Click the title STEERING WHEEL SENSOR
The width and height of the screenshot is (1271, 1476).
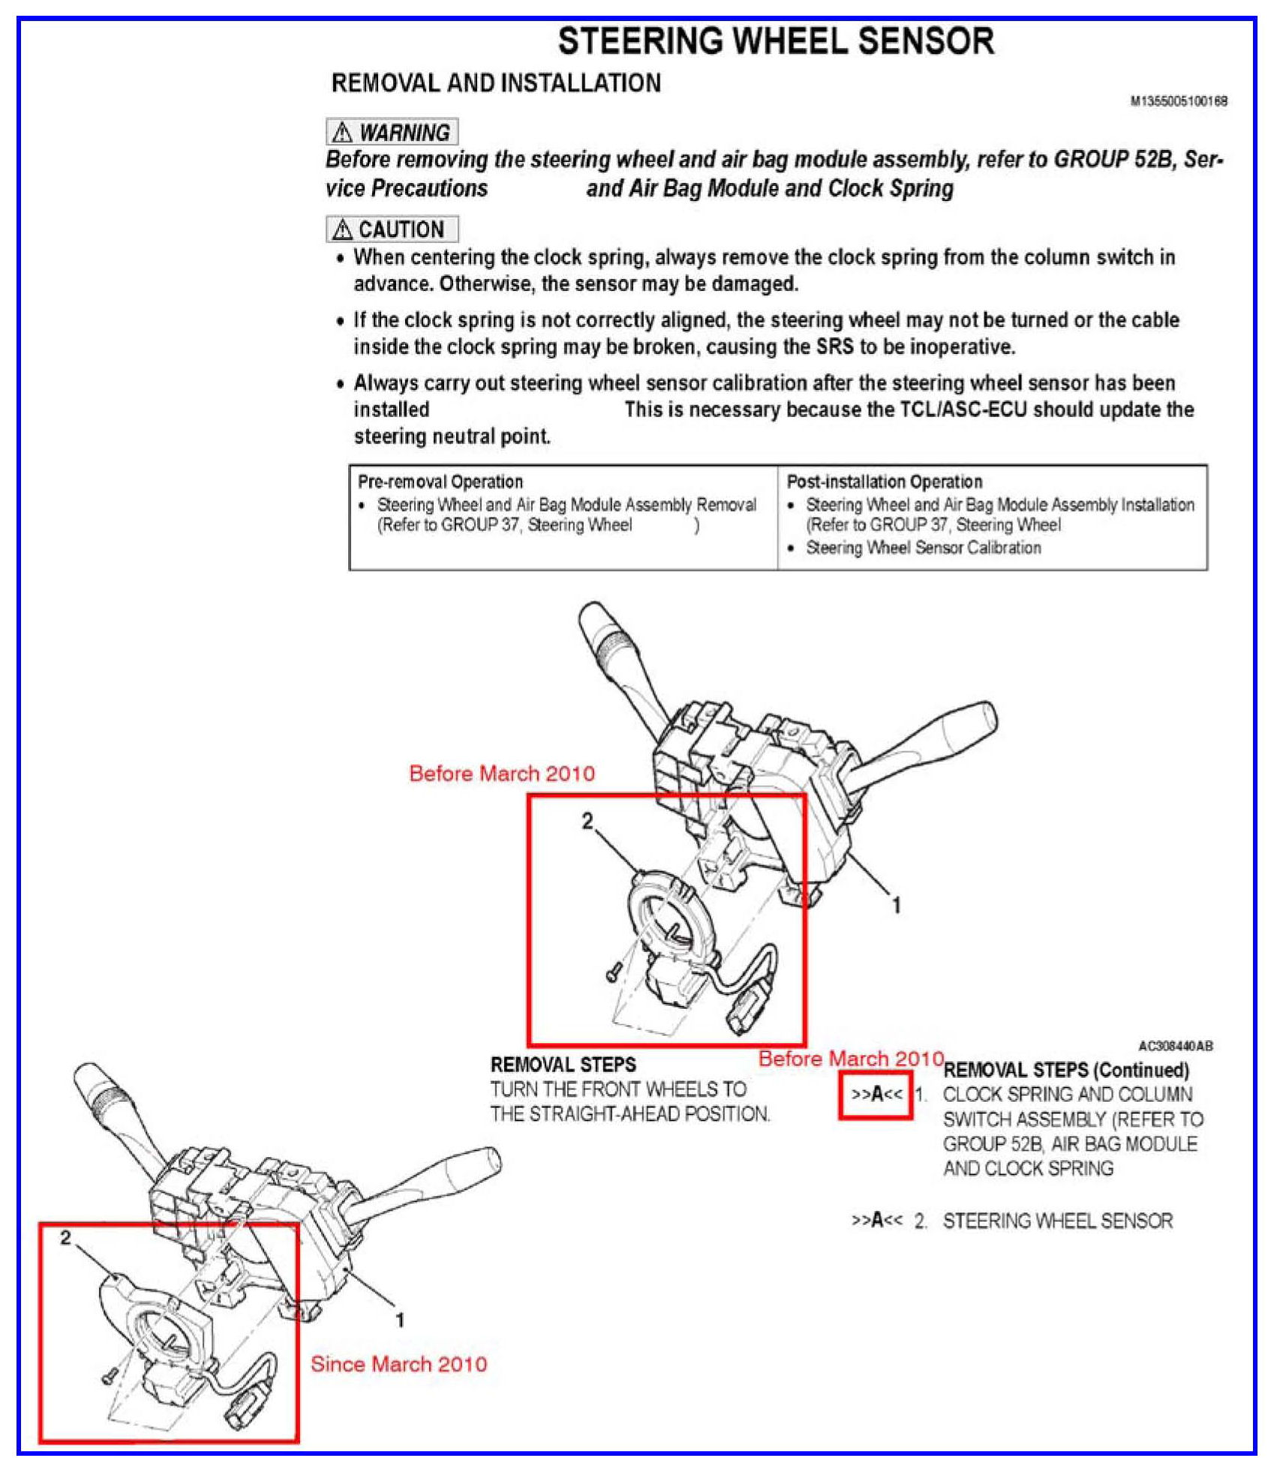coord(776,41)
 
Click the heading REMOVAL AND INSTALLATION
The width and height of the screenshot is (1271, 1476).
coord(496,82)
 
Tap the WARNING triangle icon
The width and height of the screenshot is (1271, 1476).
coord(342,133)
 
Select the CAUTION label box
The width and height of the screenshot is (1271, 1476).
coord(392,229)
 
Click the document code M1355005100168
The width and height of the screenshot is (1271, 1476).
coord(1178,101)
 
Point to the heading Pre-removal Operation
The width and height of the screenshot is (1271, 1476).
coord(440,481)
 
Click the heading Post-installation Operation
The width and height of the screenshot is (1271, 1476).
coord(884,481)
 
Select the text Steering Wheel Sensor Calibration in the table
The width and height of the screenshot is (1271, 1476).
coord(923,547)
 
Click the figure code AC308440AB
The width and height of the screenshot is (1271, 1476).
coord(1175,1045)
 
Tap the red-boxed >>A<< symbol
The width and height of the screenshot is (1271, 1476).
coord(876,1094)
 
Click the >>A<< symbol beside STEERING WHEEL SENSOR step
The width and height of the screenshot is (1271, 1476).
coord(876,1220)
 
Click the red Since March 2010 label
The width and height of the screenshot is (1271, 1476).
coord(398,1363)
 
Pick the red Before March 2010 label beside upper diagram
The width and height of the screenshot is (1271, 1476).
coord(501,773)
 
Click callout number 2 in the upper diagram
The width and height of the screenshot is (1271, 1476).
coord(587,822)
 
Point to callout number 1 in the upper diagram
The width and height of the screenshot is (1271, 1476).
coord(896,905)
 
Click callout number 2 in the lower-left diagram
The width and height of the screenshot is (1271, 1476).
coord(66,1237)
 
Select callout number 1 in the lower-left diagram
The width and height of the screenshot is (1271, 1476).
coord(400,1319)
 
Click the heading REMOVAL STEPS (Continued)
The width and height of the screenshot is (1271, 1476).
coord(1065,1070)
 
